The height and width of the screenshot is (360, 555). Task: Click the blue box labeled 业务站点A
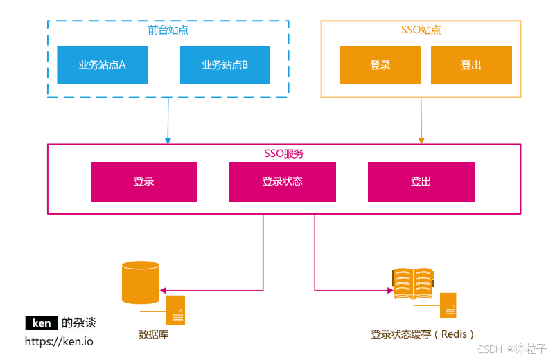point(103,65)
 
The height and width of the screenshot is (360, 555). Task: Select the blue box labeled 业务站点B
point(225,65)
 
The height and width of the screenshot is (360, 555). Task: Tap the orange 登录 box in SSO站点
point(380,65)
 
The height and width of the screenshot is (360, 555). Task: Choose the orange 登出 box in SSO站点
point(471,65)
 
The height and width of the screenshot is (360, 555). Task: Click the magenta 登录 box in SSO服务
point(144,181)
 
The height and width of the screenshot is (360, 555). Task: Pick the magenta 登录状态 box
point(283,181)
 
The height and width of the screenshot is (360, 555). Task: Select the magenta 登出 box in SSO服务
point(421,181)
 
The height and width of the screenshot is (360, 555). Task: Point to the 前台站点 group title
point(168,30)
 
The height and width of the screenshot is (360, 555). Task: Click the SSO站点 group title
point(421,30)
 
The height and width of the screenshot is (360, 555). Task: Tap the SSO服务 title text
point(284,153)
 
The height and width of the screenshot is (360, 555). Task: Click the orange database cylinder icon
point(140,282)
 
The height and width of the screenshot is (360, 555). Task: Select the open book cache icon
point(413,283)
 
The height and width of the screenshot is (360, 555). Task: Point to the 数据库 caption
point(153,335)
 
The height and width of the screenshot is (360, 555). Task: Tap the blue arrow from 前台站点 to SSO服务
point(168,121)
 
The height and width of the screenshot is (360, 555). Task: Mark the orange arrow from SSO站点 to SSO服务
point(421,121)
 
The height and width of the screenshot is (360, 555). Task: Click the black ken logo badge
point(42,323)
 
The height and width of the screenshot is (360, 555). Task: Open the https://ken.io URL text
point(59,341)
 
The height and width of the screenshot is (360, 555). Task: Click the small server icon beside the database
point(175,309)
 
